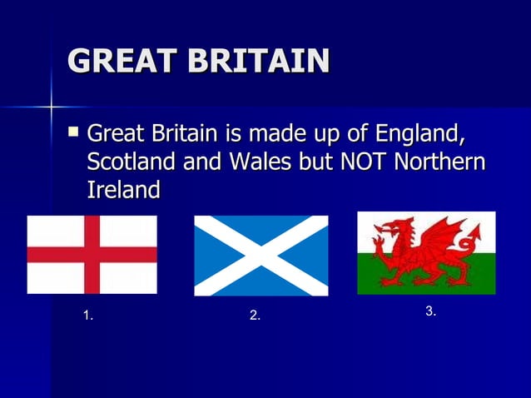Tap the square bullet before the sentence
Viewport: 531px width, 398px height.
(x=75, y=131)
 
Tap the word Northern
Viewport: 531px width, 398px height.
(x=440, y=162)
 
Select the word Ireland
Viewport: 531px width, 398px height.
(x=123, y=190)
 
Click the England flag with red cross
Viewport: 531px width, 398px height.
(x=92, y=254)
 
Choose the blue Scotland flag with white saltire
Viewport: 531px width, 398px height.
(x=261, y=256)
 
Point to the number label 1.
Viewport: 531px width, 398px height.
(x=88, y=316)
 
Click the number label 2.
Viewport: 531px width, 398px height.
(x=256, y=316)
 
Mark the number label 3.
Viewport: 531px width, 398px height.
(x=431, y=311)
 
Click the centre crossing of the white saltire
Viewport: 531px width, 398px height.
(x=261, y=256)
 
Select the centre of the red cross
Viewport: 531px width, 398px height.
(x=92, y=254)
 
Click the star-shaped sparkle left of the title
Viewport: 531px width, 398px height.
(x=51, y=107)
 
